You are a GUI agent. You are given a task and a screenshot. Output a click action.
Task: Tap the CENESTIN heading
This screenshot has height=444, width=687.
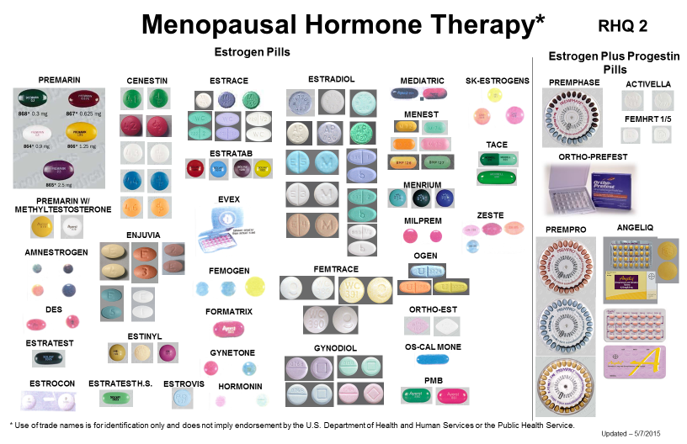click(x=147, y=81)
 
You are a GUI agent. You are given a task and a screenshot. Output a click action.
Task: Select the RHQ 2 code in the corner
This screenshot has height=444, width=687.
click(x=624, y=27)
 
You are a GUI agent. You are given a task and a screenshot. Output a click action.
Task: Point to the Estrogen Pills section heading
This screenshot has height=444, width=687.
click(x=252, y=52)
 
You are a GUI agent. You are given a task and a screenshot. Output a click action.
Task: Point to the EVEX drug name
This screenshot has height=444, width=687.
click(x=228, y=198)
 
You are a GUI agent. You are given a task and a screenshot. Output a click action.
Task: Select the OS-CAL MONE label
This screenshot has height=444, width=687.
click(x=432, y=346)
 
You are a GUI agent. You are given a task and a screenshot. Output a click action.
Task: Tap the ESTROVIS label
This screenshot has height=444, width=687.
click(x=183, y=383)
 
